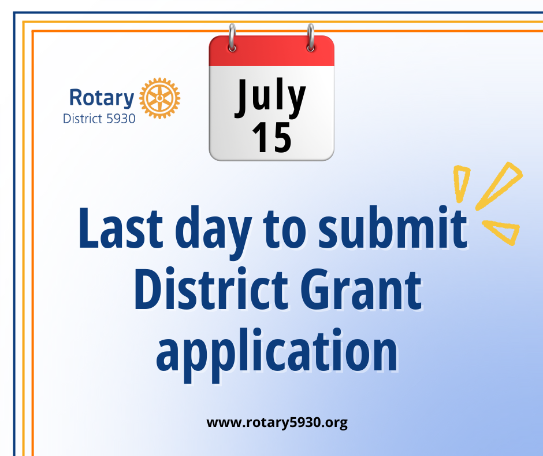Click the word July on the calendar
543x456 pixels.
click(x=270, y=97)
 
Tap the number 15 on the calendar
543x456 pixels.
click(x=272, y=137)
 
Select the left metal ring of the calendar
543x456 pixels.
click(x=232, y=38)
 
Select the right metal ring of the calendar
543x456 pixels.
click(x=311, y=38)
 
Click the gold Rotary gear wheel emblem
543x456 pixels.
click(x=159, y=98)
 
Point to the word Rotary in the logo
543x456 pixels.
click(x=102, y=98)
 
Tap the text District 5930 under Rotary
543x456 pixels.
click(x=99, y=119)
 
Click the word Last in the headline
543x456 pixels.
click(x=121, y=227)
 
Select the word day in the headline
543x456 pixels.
click(x=213, y=232)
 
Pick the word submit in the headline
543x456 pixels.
click(x=393, y=227)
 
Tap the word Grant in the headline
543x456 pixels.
click(x=361, y=289)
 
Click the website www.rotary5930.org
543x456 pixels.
click(x=277, y=422)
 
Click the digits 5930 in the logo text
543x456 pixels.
click(x=121, y=119)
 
